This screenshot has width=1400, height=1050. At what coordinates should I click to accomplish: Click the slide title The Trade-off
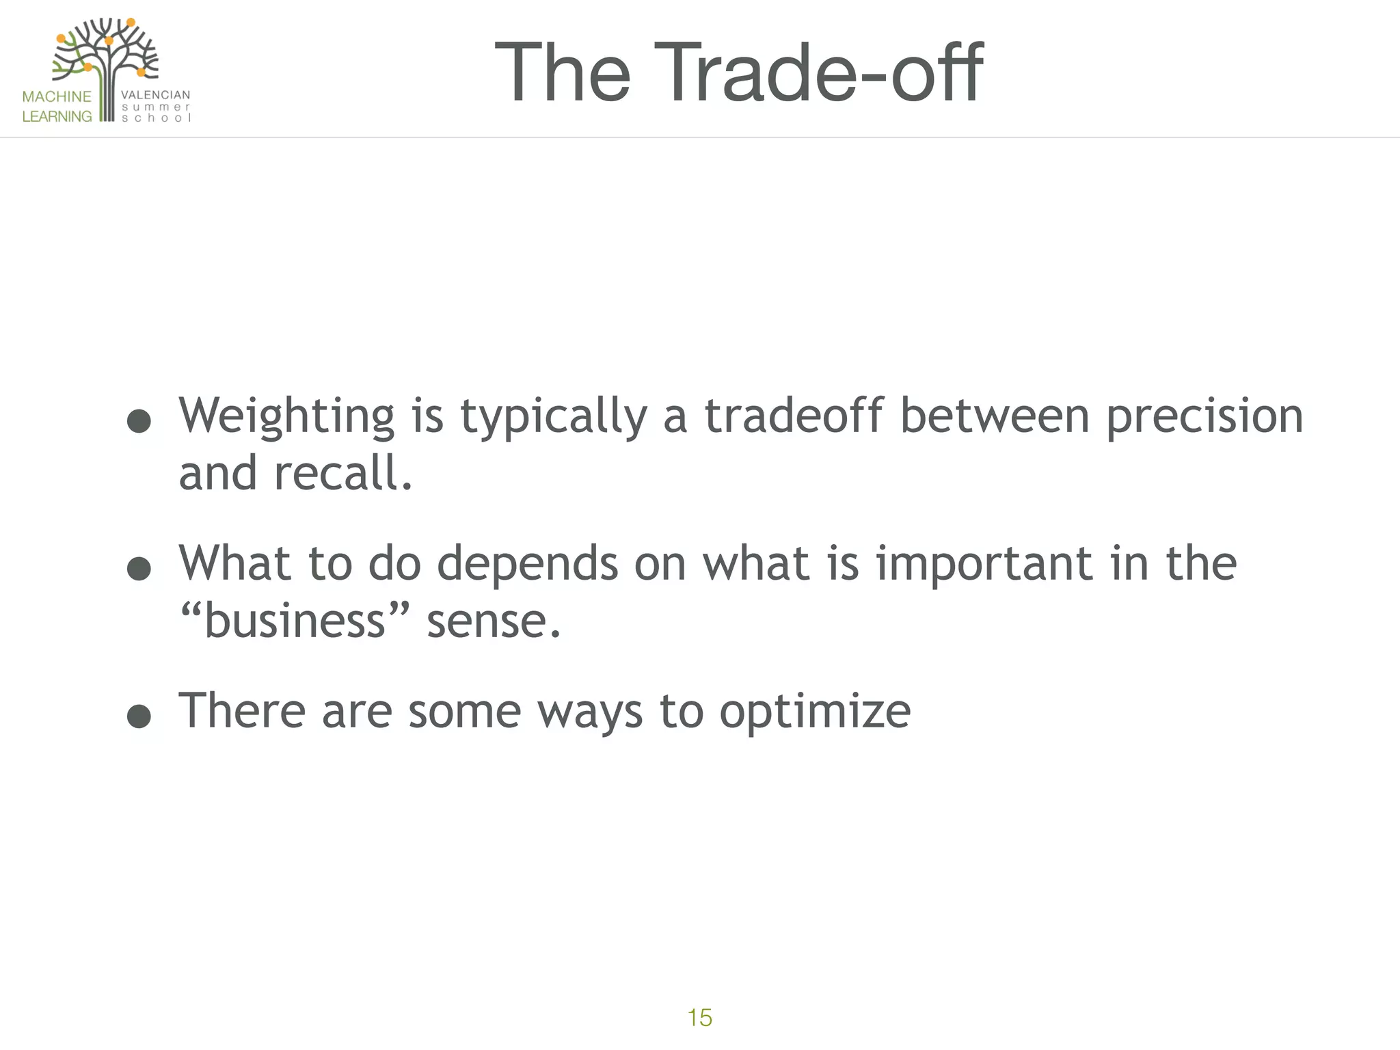738,72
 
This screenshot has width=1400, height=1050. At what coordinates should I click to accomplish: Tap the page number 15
700,1018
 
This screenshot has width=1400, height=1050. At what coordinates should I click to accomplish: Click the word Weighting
286,416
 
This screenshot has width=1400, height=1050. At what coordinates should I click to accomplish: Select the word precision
1204,416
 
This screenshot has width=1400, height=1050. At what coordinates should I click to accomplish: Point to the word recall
343,473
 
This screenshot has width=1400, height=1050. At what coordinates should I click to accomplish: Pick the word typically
554,416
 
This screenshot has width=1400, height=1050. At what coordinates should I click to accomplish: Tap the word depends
527,564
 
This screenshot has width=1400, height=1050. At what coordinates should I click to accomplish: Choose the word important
984,564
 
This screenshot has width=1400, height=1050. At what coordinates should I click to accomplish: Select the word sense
493,622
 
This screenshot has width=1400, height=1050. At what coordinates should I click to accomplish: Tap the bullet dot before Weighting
139,421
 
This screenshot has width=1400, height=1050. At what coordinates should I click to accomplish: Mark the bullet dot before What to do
139,569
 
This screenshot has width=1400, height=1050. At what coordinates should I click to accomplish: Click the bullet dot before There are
139,716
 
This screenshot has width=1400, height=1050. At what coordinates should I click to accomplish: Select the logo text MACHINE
57,96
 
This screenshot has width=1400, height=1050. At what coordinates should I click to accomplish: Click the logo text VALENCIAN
155,95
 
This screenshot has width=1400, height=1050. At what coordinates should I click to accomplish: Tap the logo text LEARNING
57,116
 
